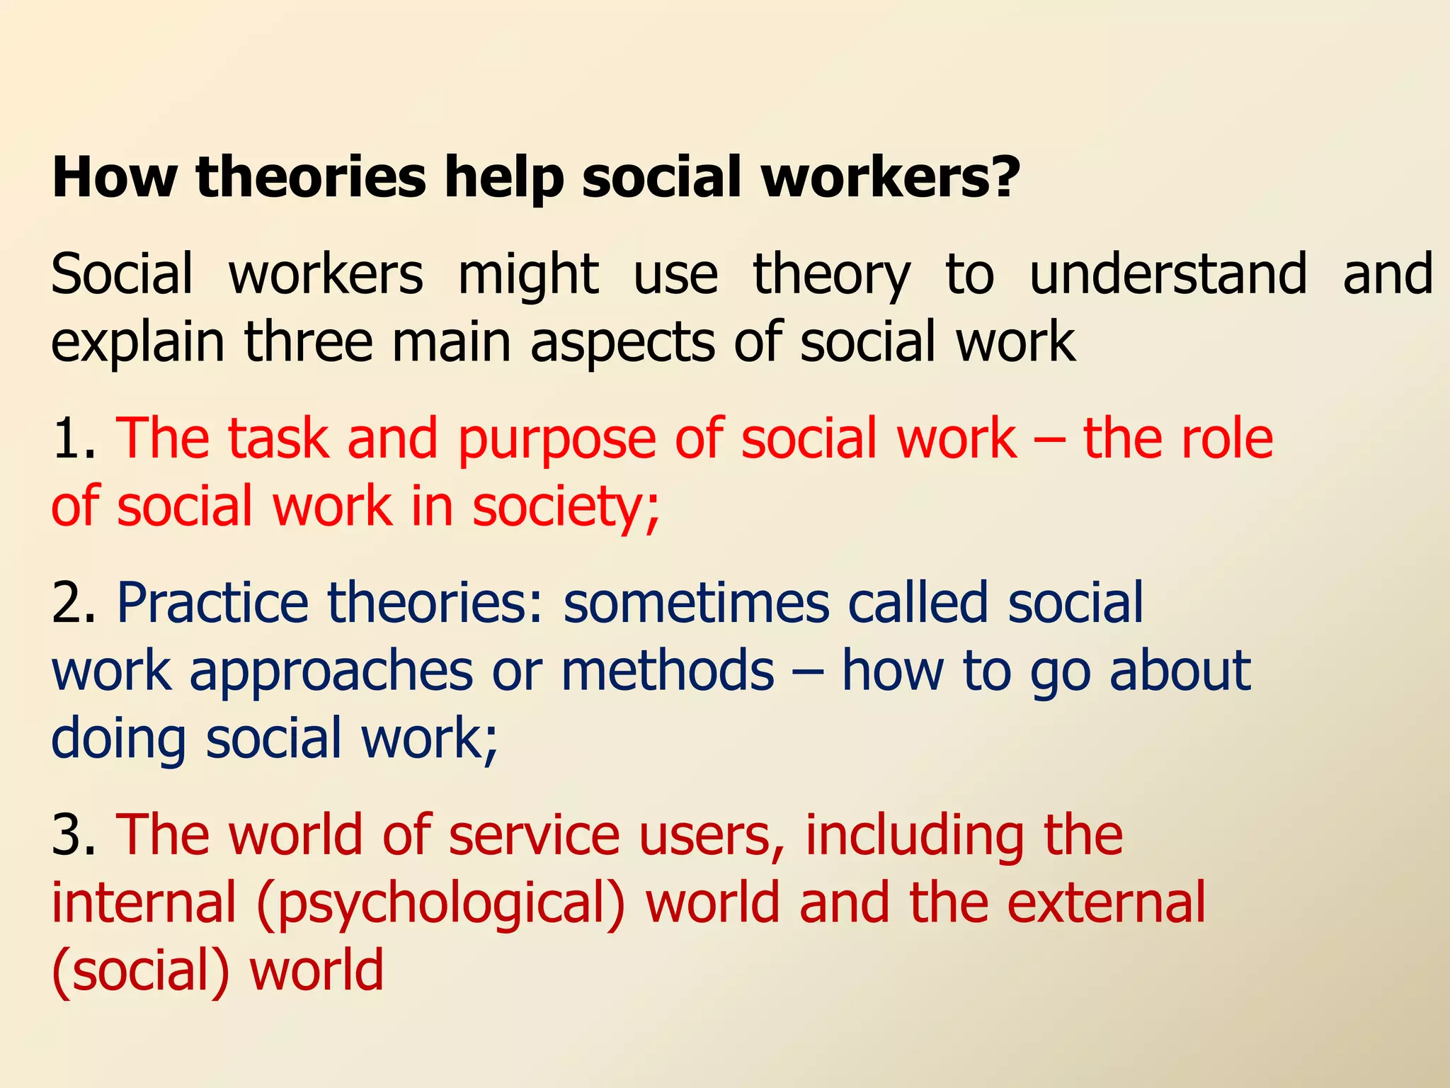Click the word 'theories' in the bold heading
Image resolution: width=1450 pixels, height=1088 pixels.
pos(312,177)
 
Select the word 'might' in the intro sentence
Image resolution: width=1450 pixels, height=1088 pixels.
pos(528,275)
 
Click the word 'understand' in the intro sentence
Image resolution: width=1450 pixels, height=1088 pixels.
pos(1168,273)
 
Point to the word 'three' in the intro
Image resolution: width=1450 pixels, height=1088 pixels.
pos(309,341)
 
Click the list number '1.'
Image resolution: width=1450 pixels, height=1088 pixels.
pos(74,439)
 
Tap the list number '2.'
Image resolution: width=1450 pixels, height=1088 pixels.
pos(74,603)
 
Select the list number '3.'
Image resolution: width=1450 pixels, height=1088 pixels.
pos(74,835)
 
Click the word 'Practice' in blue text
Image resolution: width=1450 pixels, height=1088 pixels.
pos(212,603)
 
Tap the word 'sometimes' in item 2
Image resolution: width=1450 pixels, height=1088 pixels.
pos(696,603)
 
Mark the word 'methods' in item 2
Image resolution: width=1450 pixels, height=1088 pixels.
pos(668,670)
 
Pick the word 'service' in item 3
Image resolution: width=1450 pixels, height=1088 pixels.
pos(535,835)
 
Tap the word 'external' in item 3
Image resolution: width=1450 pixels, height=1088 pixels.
pos(1106,902)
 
